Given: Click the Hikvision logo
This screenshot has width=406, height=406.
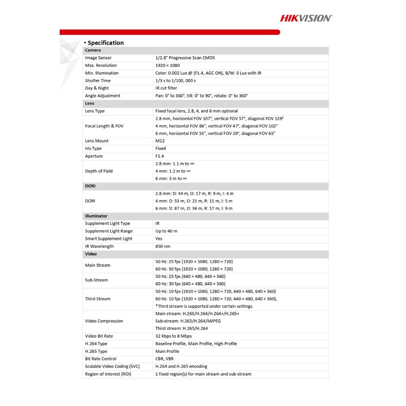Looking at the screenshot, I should [306, 18].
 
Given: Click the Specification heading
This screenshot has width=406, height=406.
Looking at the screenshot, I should [105, 43].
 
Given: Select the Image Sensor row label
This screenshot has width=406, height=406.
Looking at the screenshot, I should [98, 58].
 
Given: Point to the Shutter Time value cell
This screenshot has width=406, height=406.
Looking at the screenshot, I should [176, 80].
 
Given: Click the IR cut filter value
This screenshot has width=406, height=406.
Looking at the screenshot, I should [166, 88].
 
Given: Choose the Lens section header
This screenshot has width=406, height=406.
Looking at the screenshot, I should [90, 103].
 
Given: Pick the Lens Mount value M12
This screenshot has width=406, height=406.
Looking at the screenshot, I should [160, 141].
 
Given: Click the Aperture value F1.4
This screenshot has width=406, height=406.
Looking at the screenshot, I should [160, 156].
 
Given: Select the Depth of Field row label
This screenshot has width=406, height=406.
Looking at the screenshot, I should [99, 171].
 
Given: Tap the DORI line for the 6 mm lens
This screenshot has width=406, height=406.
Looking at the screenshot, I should [194, 209].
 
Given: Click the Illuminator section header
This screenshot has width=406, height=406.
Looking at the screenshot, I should [96, 216].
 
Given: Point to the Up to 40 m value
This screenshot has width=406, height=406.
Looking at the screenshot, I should [167, 231].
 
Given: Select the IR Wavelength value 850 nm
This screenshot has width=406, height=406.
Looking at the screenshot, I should [163, 246].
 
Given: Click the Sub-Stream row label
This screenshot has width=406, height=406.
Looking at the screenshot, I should [96, 280].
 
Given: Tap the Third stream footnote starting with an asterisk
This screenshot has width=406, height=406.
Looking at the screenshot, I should [204, 306].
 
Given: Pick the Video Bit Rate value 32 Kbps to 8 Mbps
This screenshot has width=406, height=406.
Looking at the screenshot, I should [174, 336].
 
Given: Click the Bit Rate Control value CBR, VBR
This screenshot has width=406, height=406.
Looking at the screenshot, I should [164, 359].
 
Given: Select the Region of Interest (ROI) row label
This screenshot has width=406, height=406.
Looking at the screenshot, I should [108, 374].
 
